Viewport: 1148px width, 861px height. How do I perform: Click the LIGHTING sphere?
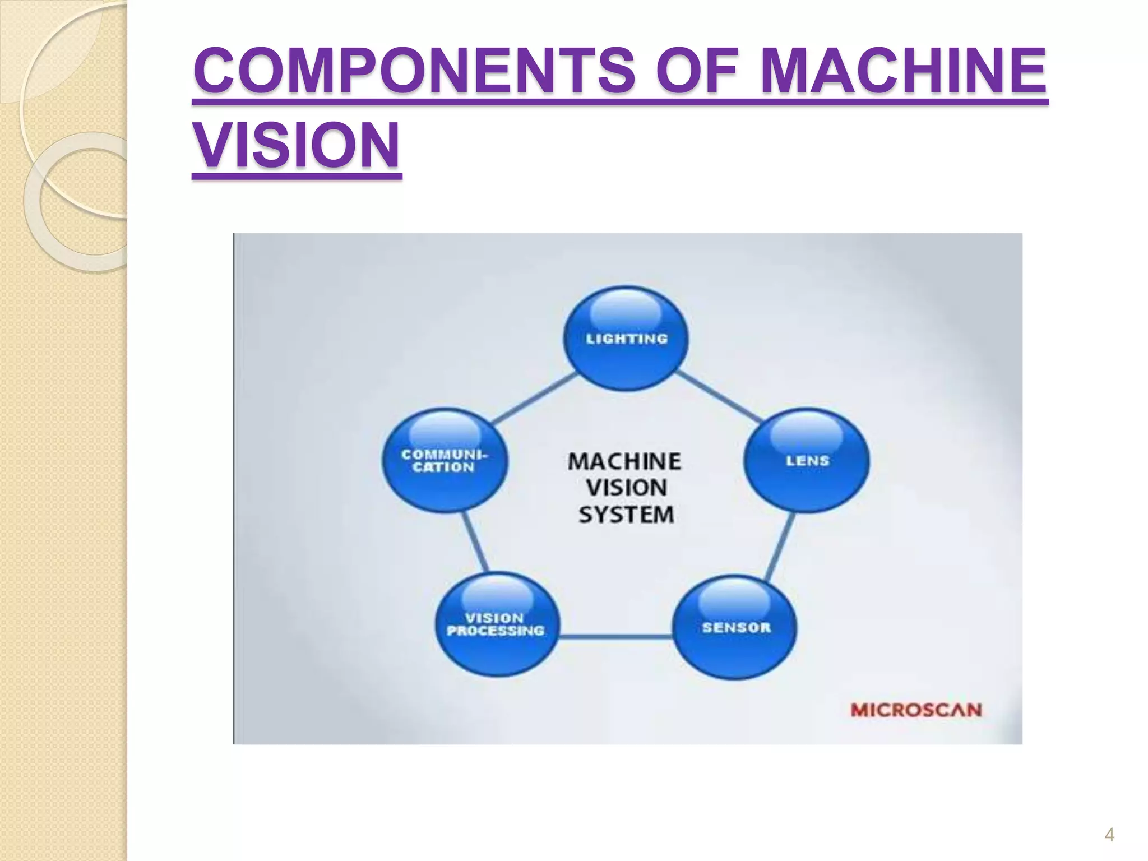[626, 339]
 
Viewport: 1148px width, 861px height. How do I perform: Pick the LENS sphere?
[807, 461]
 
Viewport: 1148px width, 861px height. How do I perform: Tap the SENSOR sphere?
[735, 628]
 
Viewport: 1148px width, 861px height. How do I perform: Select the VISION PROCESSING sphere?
[497, 624]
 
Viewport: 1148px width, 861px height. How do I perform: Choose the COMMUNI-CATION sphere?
[445, 461]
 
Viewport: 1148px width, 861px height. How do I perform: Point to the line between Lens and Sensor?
[779, 546]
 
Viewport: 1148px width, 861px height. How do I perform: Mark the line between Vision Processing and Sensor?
[615, 636]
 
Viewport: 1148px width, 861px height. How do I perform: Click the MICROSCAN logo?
[916, 710]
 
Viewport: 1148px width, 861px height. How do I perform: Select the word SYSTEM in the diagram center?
[626, 515]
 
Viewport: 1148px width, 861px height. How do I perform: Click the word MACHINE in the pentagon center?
[624, 461]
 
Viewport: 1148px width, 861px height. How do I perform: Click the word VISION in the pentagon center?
[626, 488]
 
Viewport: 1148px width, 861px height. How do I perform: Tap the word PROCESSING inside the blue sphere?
[496, 631]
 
